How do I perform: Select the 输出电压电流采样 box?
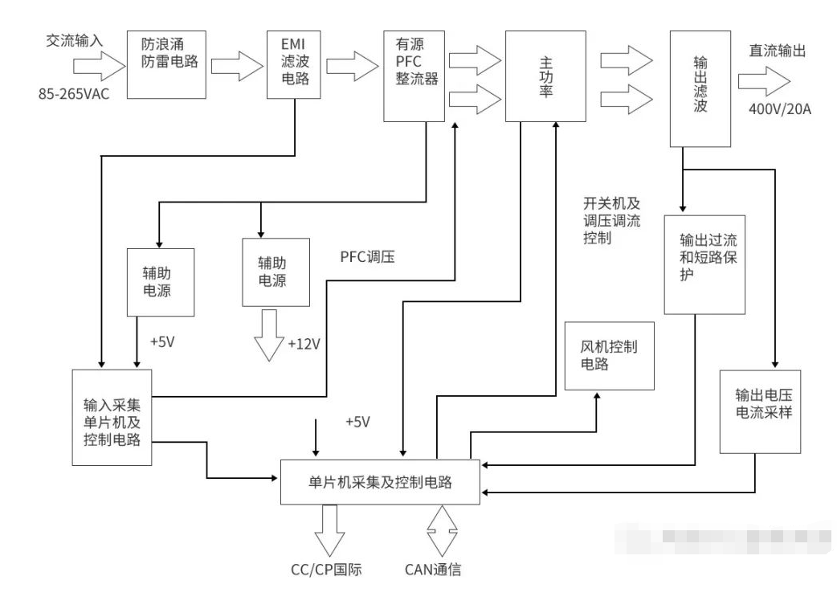click(x=754, y=411)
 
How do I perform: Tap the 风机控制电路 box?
click(x=610, y=355)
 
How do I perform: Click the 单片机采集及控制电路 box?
click(x=380, y=482)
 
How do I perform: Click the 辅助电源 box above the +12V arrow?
click(x=277, y=272)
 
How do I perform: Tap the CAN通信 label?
click(x=433, y=571)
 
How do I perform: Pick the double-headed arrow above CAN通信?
click(x=440, y=529)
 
